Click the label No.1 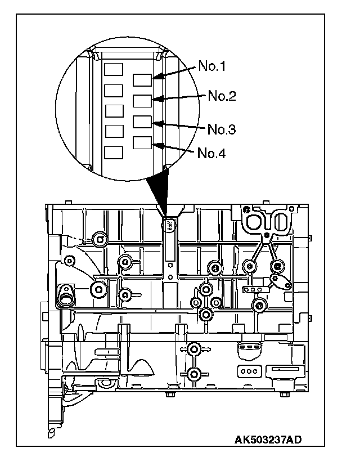click(212, 67)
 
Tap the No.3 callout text click(222, 129)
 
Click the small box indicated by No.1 click(142, 80)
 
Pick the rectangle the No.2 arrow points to click(142, 101)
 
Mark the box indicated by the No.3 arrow click(142, 122)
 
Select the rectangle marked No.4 click(142, 142)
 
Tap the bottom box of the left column click(114, 152)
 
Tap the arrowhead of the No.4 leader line click(157, 145)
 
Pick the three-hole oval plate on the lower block click(247, 372)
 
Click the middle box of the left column click(114, 111)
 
